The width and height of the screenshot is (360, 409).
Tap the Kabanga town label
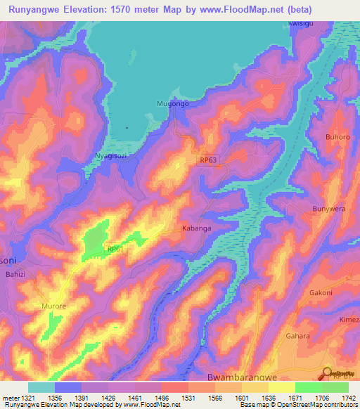[x=197, y=228]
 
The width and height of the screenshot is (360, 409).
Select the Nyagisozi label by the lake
[x=110, y=155]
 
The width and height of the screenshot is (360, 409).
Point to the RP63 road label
[x=209, y=160]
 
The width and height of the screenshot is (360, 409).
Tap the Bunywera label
[x=330, y=209]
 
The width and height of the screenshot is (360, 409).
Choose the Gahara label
[x=317, y=336]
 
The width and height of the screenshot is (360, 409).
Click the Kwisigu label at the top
[x=302, y=23]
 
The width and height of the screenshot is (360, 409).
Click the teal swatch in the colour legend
[x=41, y=387]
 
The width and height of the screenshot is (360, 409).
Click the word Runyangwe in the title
[x=39, y=10]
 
